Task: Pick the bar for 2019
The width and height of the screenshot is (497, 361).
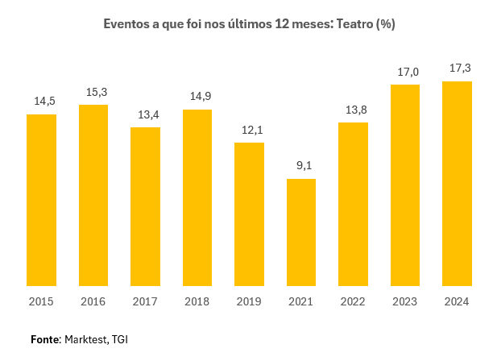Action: tap(249, 214)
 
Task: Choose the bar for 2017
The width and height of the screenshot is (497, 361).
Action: tap(145, 206)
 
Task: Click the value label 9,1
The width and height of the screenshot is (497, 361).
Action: tap(301, 166)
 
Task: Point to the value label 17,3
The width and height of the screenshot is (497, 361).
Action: tap(457, 68)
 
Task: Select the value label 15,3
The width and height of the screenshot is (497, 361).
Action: tap(93, 92)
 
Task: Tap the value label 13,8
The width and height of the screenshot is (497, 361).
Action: tap(353, 110)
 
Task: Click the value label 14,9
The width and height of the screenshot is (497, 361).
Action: tap(197, 97)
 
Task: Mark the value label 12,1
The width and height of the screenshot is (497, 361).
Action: tap(249, 130)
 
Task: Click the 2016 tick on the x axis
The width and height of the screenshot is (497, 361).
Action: tap(93, 301)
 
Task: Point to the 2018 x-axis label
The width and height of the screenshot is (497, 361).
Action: tap(197, 301)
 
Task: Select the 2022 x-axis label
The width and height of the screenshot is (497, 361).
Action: tap(353, 301)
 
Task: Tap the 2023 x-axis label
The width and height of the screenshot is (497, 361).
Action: tap(404, 301)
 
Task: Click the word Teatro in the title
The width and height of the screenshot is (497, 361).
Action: tap(352, 24)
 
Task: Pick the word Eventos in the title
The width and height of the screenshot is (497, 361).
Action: tap(127, 24)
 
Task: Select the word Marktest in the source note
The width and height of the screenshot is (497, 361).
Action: tap(85, 339)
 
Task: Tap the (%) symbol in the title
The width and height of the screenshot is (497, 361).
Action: tap(385, 24)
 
